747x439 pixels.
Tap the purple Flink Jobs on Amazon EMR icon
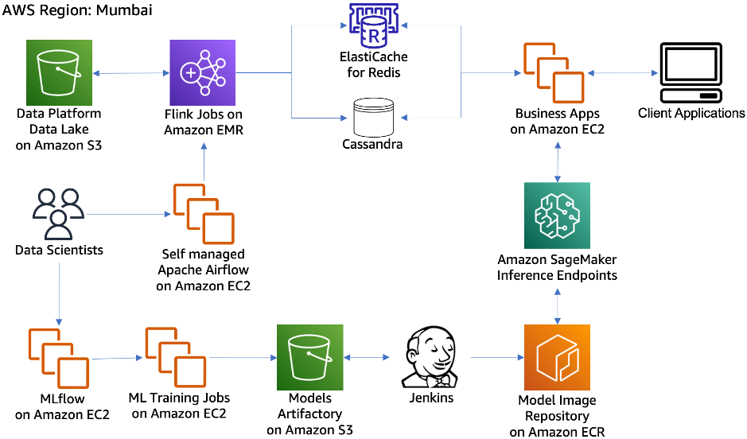pos(203,72)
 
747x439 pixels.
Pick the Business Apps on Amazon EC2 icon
pos(556,72)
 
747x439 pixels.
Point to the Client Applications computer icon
pos(691,72)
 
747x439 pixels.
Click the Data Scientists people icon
pos(59,213)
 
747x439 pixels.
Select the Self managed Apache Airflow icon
pos(204,214)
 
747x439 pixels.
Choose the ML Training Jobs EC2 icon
pos(176,356)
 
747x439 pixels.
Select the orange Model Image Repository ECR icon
pos(557,357)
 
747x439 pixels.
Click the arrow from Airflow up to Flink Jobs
pos(204,163)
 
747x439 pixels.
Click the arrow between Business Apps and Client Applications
pos(624,73)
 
